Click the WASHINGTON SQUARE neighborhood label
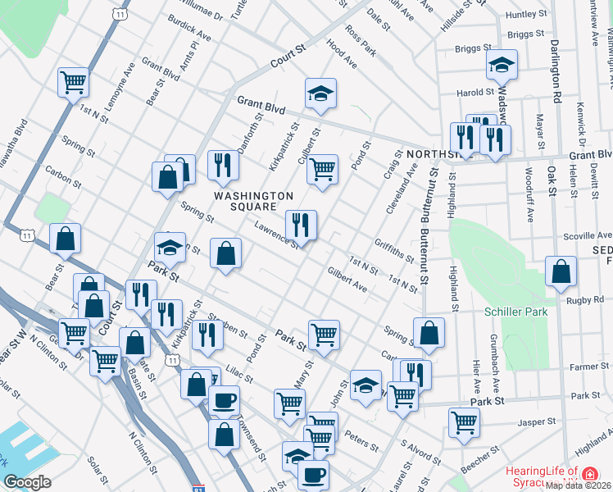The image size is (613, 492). point(254,201)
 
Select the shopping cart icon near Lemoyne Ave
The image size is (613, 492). point(73,82)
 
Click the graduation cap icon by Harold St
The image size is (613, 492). point(501,65)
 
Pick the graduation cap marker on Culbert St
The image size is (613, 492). point(321,93)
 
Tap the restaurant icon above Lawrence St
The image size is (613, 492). point(301,224)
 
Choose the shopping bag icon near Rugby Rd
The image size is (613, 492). point(561,272)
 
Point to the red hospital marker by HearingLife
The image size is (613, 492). point(589,473)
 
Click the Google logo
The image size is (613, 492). point(27,482)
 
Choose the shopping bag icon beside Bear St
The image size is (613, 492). point(65,239)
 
